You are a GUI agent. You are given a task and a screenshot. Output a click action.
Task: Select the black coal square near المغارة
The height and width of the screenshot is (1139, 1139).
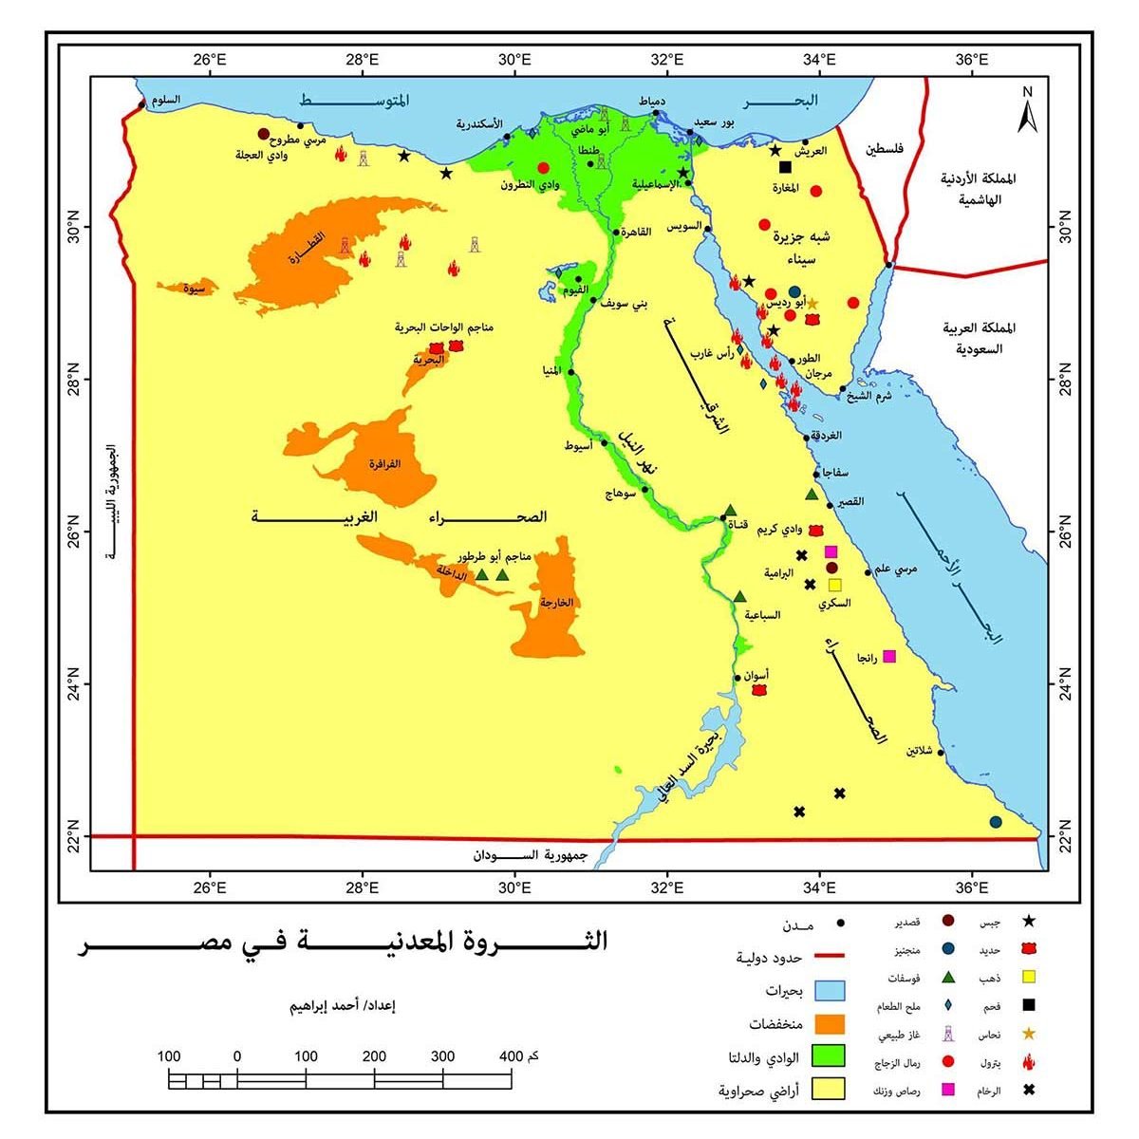tap(785, 168)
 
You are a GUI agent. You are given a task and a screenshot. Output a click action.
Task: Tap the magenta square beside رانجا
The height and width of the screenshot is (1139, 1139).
tap(889, 656)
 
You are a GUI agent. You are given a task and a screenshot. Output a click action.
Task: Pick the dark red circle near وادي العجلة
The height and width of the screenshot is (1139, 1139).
tap(264, 134)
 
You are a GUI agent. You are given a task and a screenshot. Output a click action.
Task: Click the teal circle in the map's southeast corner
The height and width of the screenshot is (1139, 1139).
tap(995, 822)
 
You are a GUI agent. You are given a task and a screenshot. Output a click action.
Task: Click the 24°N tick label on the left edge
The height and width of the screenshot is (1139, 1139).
tap(74, 684)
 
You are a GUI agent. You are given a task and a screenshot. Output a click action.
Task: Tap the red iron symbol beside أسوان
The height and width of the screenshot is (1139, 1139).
tap(758, 690)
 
